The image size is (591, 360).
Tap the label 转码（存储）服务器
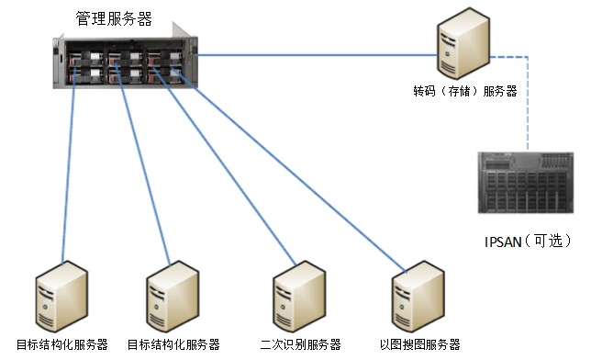click(x=464, y=91)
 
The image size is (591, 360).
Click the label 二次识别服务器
click(x=300, y=345)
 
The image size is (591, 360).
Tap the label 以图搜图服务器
click(x=419, y=345)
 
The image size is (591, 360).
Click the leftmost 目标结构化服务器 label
click(x=62, y=345)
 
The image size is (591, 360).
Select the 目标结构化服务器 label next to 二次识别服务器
click(x=173, y=345)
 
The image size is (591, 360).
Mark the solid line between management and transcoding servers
click(x=312, y=55)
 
